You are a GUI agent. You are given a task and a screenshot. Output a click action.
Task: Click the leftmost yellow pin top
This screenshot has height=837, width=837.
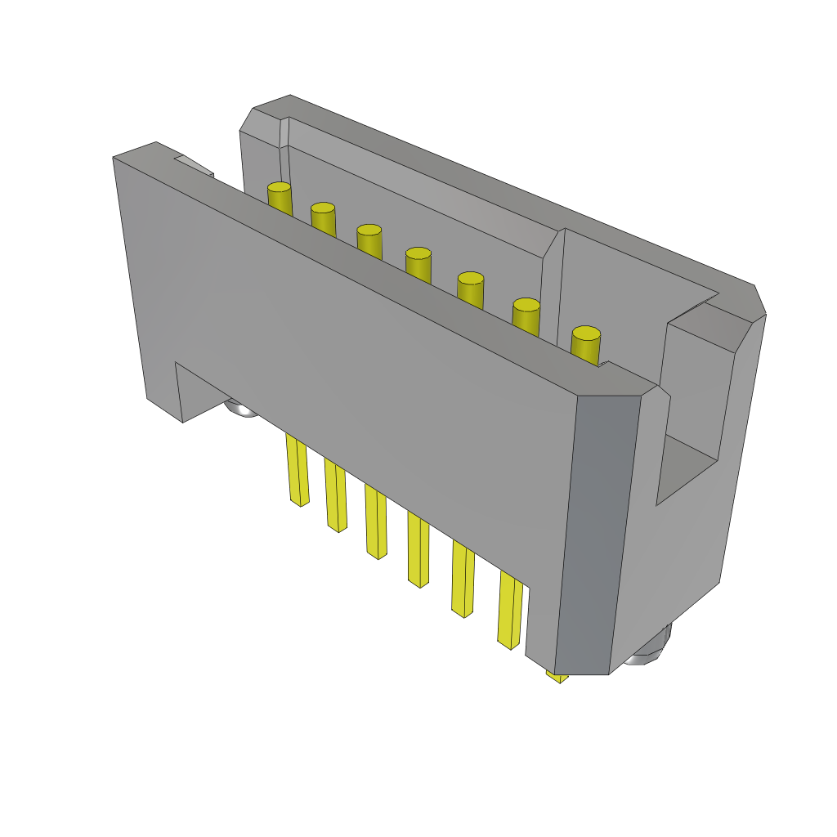click(x=280, y=197)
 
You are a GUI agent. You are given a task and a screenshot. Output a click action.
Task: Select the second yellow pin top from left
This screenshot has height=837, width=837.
click(x=323, y=217)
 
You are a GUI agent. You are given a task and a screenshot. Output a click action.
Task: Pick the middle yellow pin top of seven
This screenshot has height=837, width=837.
click(x=418, y=262)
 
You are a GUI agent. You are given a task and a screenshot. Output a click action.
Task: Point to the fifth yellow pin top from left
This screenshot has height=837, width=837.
click(x=471, y=286)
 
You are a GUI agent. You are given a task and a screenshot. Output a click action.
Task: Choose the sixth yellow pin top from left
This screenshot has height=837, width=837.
click(x=526, y=313)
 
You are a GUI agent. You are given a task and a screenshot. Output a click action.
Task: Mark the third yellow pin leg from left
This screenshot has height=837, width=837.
click(x=376, y=523)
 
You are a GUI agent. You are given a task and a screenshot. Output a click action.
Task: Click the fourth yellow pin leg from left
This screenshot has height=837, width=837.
click(x=418, y=551)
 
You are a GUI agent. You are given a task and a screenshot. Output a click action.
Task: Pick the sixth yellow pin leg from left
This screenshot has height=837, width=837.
click(x=511, y=613)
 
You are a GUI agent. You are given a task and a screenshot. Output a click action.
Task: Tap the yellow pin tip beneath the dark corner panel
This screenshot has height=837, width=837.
click(x=557, y=677)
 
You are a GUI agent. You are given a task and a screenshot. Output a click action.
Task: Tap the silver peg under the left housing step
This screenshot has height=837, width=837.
click(x=242, y=408)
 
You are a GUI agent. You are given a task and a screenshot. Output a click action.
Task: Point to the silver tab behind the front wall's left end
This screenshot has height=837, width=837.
click(x=195, y=166)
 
